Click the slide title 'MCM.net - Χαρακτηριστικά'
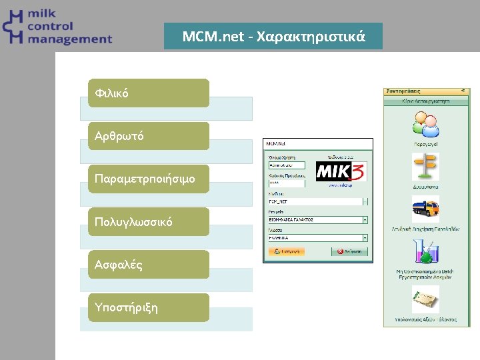pyautogui.click(x=273, y=36)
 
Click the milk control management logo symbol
pyautogui.click(x=13, y=27)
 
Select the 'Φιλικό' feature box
pyautogui.click(x=149, y=93)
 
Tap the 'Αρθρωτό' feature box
pyautogui.click(x=149, y=136)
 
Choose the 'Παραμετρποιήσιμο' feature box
pyautogui.click(x=149, y=179)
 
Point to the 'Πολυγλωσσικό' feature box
pyautogui.click(x=149, y=221)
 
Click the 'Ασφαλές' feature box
pyautogui.click(x=149, y=265)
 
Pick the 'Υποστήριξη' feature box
pyautogui.click(x=149, y=307)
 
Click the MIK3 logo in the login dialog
pyautogui.click(x=340, y=172)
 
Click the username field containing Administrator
pyautogui.click(x=286, y=165)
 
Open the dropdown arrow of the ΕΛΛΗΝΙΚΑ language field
pyautogui.click(x=365, y=237)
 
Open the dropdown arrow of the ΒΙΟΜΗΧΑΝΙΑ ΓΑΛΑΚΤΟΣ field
pyautogui.click(x=365, y=219)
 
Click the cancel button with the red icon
pyautogui.click(x=350, y=252)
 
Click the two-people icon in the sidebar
pyautogui.click(x=425, y=125)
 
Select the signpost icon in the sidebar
pyautogui.click(x=425, y=167)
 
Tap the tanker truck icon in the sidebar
pyautogui.click(x=425, y=210)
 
